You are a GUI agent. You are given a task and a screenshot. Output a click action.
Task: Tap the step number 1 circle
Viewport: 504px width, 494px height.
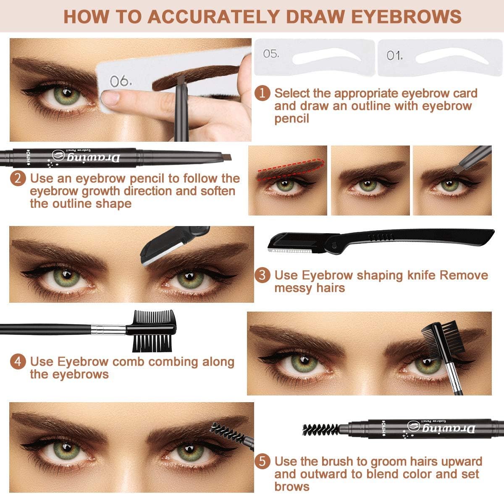point(262,93)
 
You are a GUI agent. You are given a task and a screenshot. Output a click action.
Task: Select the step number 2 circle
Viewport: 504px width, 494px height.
point(18,178)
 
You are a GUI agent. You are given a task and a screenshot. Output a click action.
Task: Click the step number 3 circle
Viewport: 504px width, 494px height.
point(262,275)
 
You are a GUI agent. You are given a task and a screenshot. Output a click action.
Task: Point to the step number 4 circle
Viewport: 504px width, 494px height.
point(18,361)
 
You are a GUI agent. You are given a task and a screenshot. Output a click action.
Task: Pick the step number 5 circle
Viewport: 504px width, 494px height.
point(262,462)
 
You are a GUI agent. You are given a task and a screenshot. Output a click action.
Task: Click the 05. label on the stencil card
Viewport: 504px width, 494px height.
point(271,54)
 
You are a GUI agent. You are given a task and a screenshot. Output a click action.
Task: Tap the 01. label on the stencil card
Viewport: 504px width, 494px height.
point(395,55)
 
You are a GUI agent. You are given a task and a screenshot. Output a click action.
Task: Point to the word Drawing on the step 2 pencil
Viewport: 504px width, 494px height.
point(100,158)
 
